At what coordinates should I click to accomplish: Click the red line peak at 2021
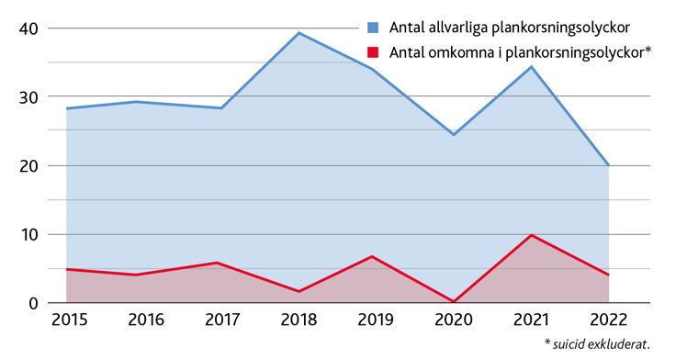(x=531, y=235)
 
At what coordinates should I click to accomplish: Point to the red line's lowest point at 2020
(x=454, y=301)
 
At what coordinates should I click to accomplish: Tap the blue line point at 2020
(x=454, y=135)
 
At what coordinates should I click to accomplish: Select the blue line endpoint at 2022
(x=608, y=165)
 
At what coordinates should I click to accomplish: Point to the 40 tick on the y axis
(x=28, y=28)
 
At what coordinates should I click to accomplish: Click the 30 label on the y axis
(x=28, y=97)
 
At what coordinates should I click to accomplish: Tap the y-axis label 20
(x=28, y=166)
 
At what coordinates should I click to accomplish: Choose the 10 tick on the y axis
(x=28, y=235)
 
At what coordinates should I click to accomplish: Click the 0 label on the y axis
(x=33, y=303)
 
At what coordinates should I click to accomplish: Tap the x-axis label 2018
(x=299, y=321)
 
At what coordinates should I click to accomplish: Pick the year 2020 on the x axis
(x=454, y=321)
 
